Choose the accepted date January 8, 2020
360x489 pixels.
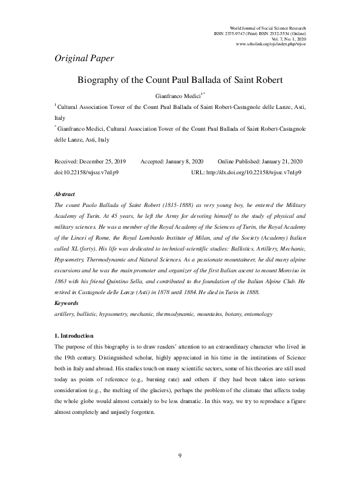point(181,162)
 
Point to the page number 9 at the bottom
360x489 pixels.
point(180,472)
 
